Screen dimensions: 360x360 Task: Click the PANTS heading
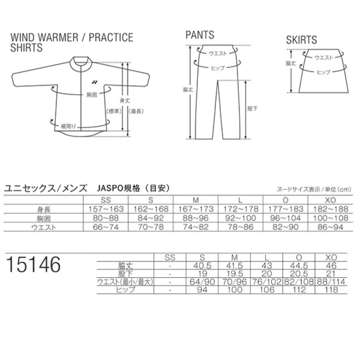coord(200,35)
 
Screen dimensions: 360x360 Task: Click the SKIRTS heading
coord(301,40)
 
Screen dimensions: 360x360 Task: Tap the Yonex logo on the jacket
coord(95,82)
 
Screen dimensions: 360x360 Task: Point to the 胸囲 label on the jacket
coord(92,95)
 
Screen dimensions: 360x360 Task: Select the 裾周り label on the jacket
coord(68,126)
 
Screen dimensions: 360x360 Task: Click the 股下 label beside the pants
coord(253,109)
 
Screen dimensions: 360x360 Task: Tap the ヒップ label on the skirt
coord(323,73)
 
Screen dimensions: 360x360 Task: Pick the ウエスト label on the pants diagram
coord(218,53)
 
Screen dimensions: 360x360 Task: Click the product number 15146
coord(34,265)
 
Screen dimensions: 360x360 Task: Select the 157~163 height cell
coord(106,209)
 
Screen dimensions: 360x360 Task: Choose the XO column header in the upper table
coord(331,200)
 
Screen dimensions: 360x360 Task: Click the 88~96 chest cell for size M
coord(196,218)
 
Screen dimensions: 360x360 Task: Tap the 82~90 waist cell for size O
coord(286,227)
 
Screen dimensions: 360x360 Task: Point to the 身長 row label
coord(44,209)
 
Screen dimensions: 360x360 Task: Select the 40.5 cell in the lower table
coord(202,266)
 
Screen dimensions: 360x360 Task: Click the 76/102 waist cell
coord(266,282)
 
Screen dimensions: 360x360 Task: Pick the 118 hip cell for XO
coord(331,290)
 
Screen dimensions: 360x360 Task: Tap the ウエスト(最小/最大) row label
coord(125,282)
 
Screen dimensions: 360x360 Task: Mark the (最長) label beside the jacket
coord(136,112)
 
